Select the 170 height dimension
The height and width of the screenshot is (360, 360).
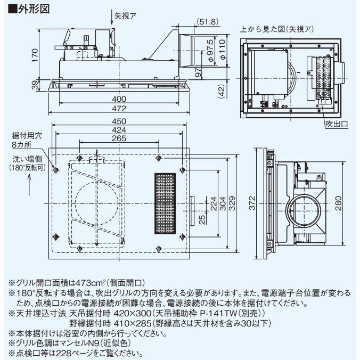[x=35, y=55]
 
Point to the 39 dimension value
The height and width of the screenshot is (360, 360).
[x=35, y=85]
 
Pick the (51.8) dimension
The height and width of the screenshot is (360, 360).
[x=207, y=21]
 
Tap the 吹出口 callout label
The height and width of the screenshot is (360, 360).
[x=337, y=125]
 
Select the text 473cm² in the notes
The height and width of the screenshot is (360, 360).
[x=80, y=282]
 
